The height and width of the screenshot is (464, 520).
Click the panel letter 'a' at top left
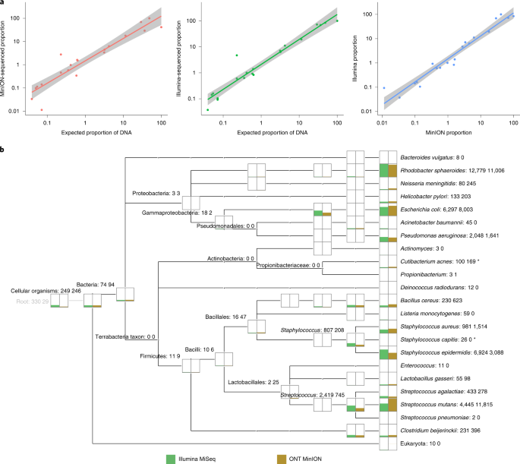(x=4, y=3)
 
